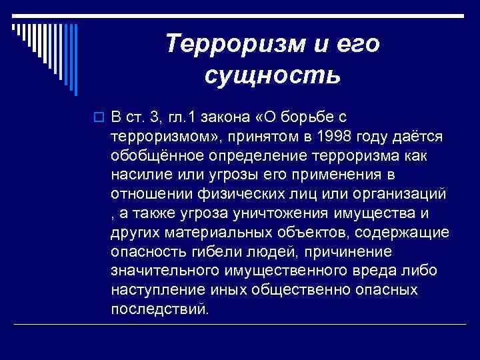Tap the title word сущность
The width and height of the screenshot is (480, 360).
pyautogui.click(x=273, y=75)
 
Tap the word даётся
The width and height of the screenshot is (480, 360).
pyautogui.click(x=421, y=136)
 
